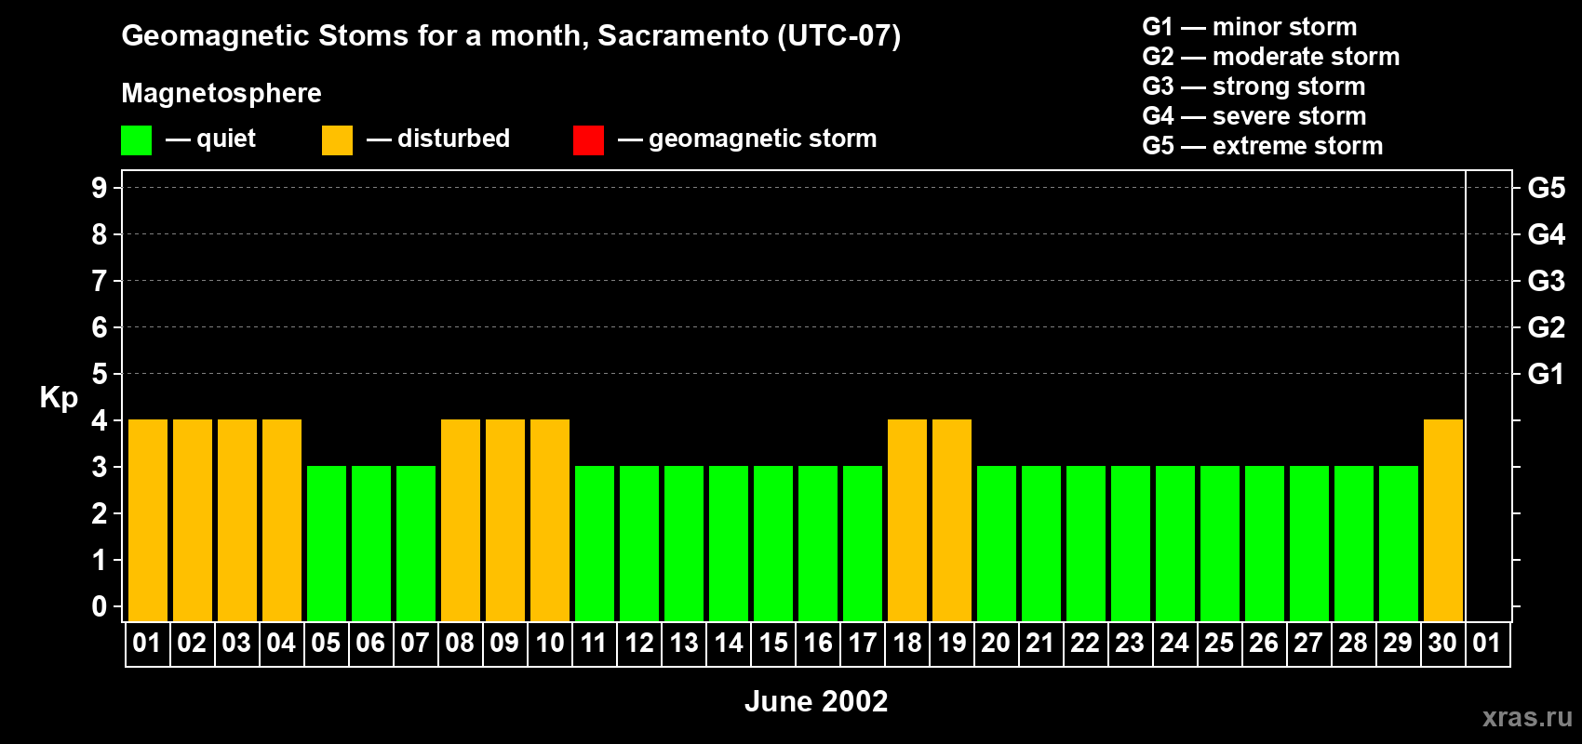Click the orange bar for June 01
point(148,520)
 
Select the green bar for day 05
point(327,543)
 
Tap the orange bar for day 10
point(550,520)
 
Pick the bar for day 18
point(907,520)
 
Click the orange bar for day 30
point(1443,520)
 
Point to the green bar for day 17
point(863,543)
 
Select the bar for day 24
point(1175,543)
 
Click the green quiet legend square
point(137,140)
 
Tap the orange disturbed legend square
point(338,140)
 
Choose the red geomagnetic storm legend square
point(589,140)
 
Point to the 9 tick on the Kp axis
point(100,188)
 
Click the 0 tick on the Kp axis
point(100,607)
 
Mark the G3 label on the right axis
point(1546,281)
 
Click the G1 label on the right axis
point(1546,374)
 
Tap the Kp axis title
point(59,398)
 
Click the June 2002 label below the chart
point(816,701)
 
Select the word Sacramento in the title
point(682,36)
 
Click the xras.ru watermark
point(1527,717)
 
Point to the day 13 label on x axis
point(684,644)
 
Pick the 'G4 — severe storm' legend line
point(1254,116)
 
